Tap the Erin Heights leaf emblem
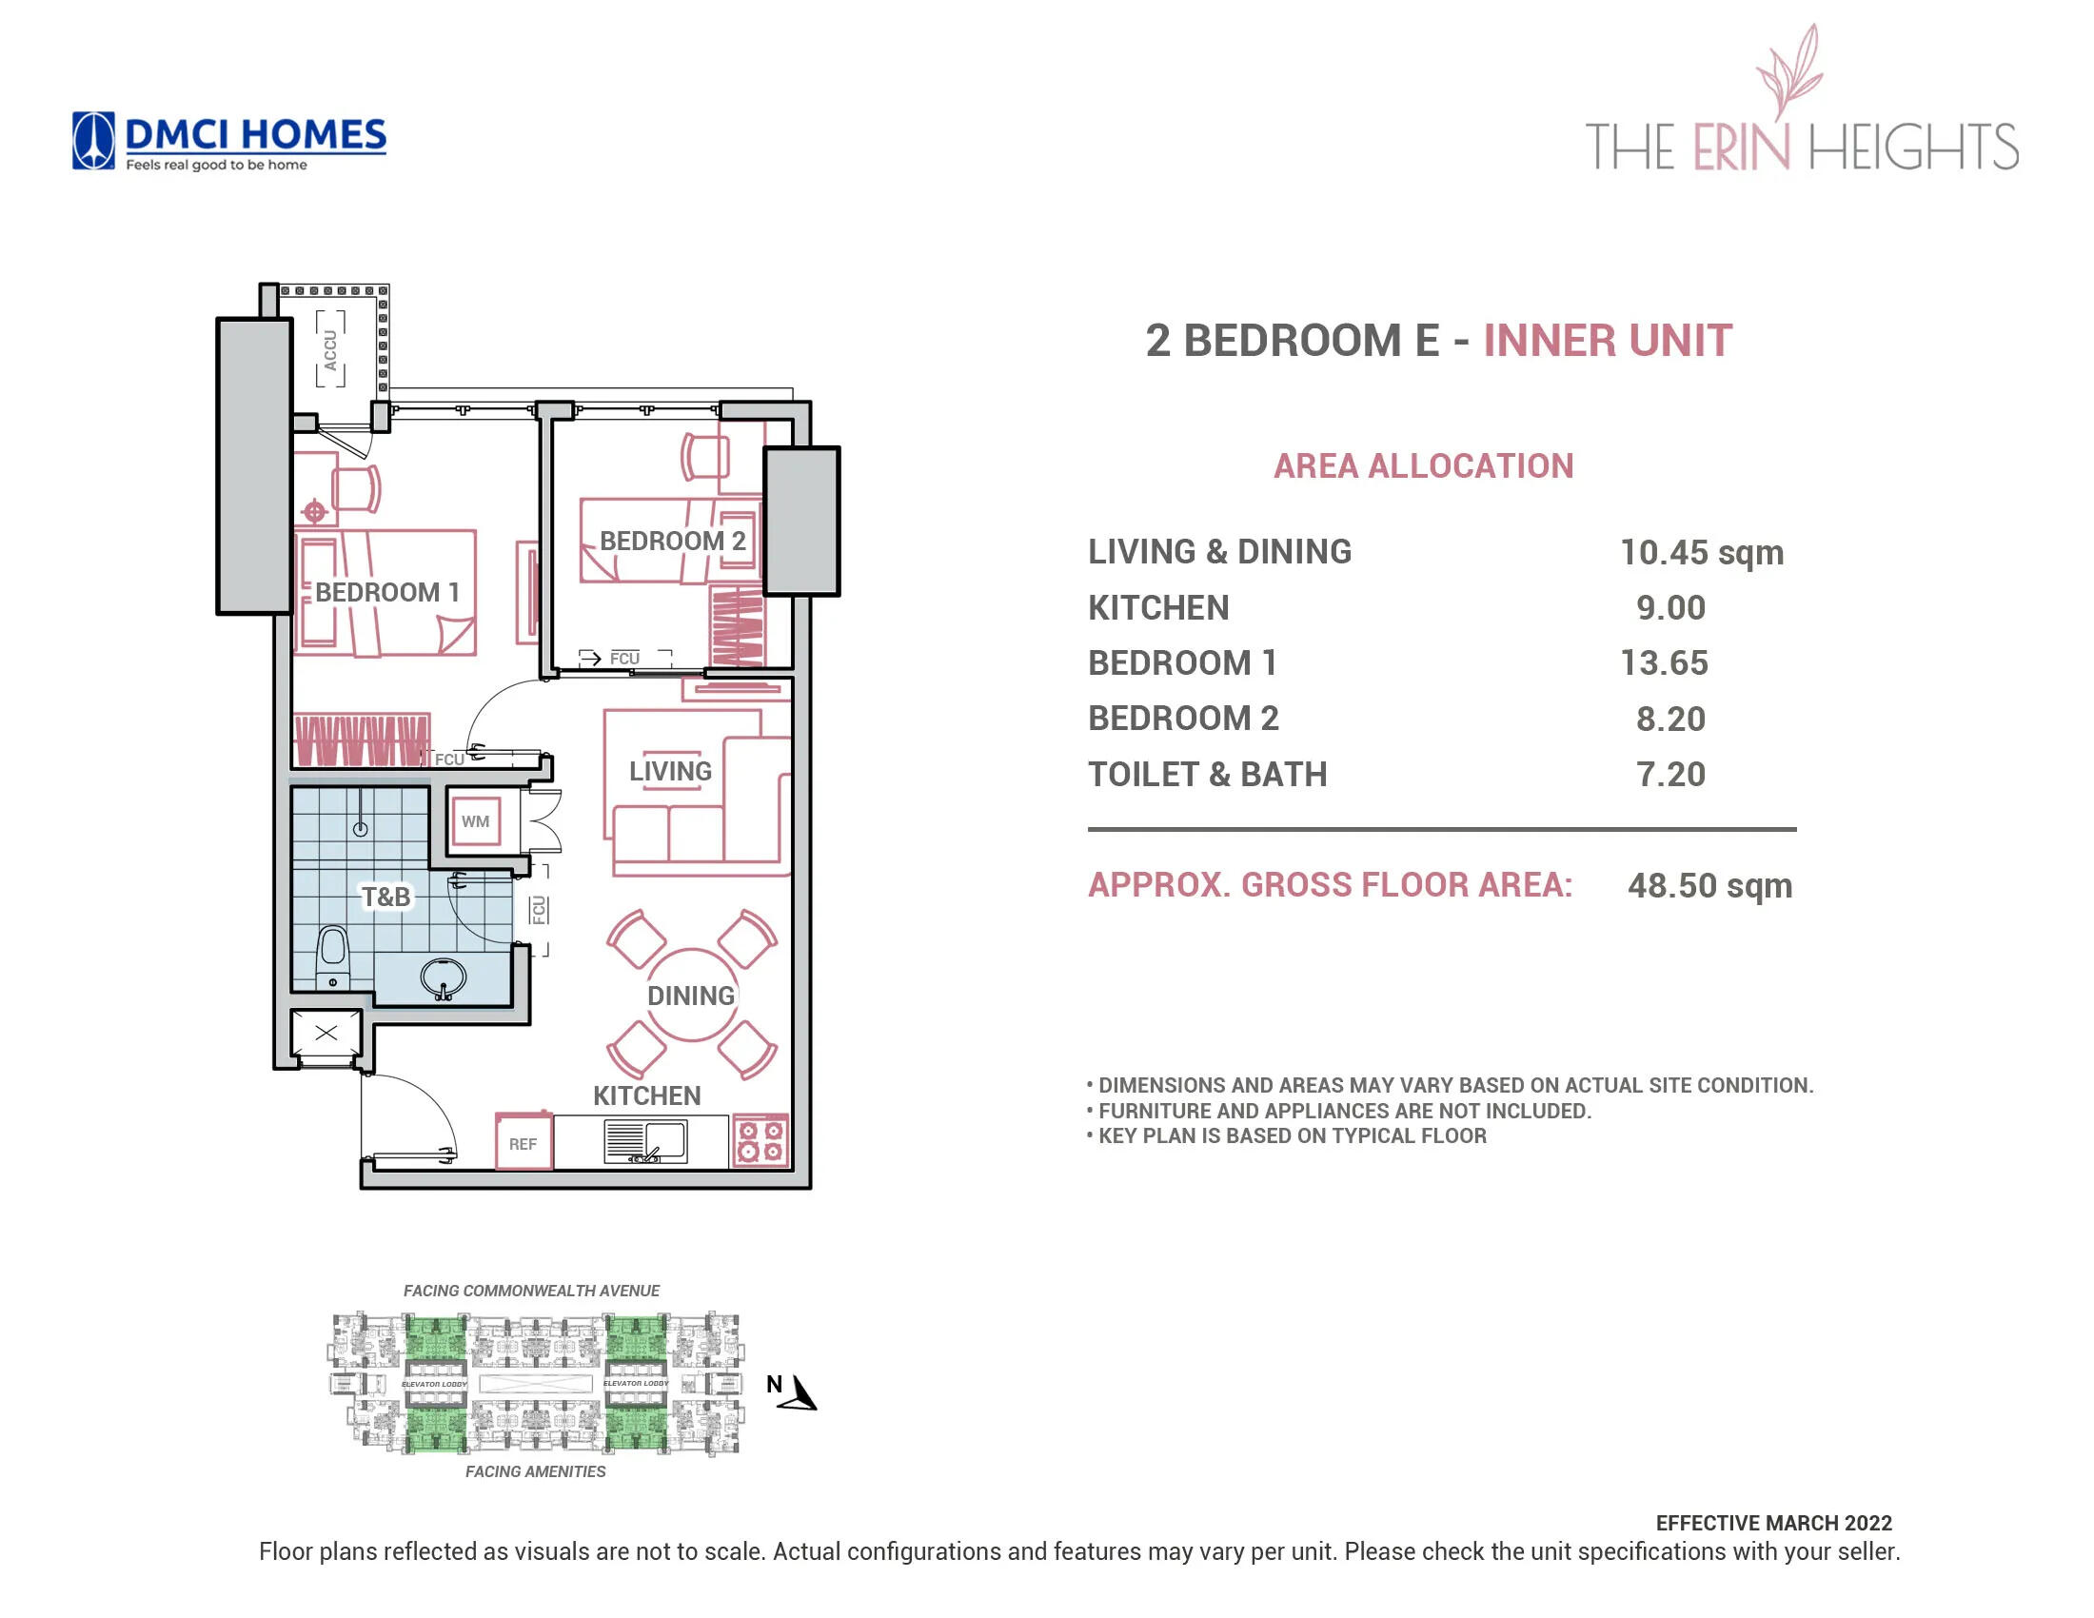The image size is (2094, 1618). (x=1789, y=72)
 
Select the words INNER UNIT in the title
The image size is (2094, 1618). (x=1607, y=342)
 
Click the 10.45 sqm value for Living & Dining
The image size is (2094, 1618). (x=1701, y=552)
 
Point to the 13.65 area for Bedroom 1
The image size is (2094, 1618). (x=1664, y=663)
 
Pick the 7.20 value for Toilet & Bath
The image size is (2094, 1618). (x=1670, y=775)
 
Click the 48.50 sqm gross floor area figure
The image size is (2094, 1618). (x=1709, y=886)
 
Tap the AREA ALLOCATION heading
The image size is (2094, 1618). (x=1423, y=466)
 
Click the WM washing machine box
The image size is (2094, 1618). (x=476, y=821)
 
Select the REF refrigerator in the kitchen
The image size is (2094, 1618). (x=523, y=1142)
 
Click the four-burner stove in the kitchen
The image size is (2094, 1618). (x=761, y=1140)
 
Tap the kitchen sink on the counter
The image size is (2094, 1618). (x=645, y=1140)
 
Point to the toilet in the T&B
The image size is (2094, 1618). (x=333, y=951)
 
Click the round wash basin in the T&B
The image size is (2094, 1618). (x=443, y=977)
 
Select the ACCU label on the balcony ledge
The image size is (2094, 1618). (x=331, y=350)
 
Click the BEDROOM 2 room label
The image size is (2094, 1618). (x=672, y=541)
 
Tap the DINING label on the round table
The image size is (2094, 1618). (x=690, y=996)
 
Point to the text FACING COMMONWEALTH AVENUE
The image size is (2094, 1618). (x=531, y=1292)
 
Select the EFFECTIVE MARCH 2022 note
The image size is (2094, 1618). (x=1773, y=1523)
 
